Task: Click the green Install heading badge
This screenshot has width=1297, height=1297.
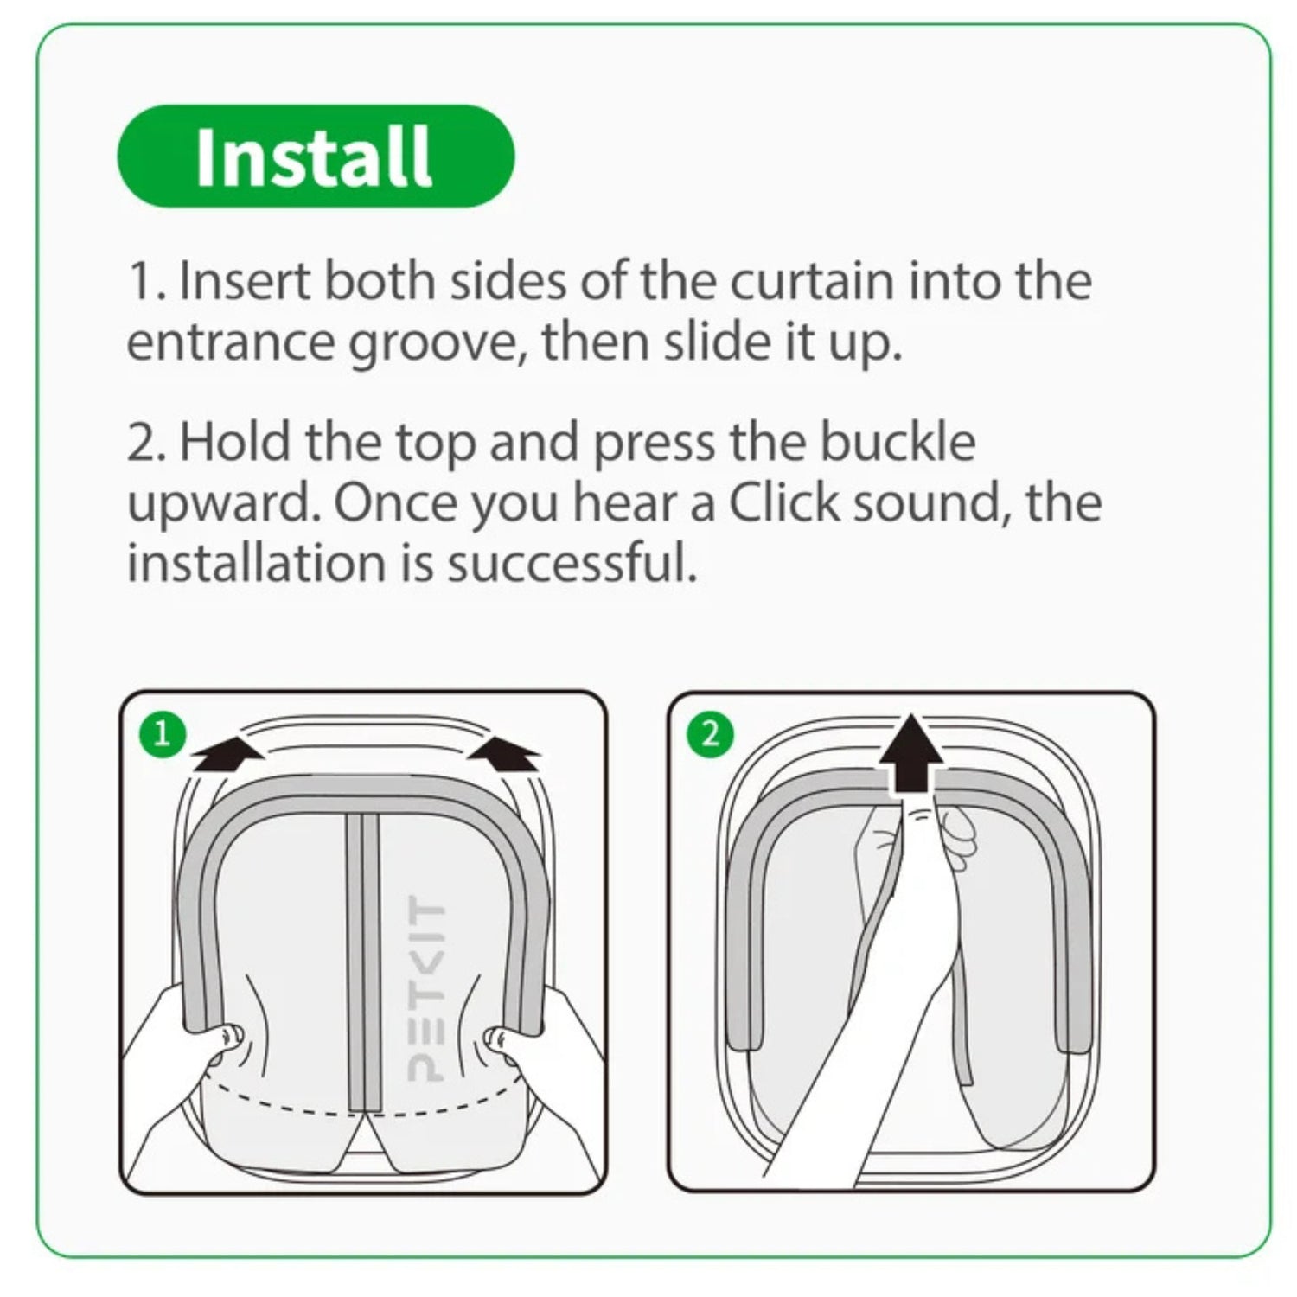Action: coord(316,156)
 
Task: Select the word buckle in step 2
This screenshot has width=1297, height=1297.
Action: coord(898,441)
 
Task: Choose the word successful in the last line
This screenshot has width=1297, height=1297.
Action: coord(571,563)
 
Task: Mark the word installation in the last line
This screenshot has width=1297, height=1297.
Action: coord(257,563)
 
